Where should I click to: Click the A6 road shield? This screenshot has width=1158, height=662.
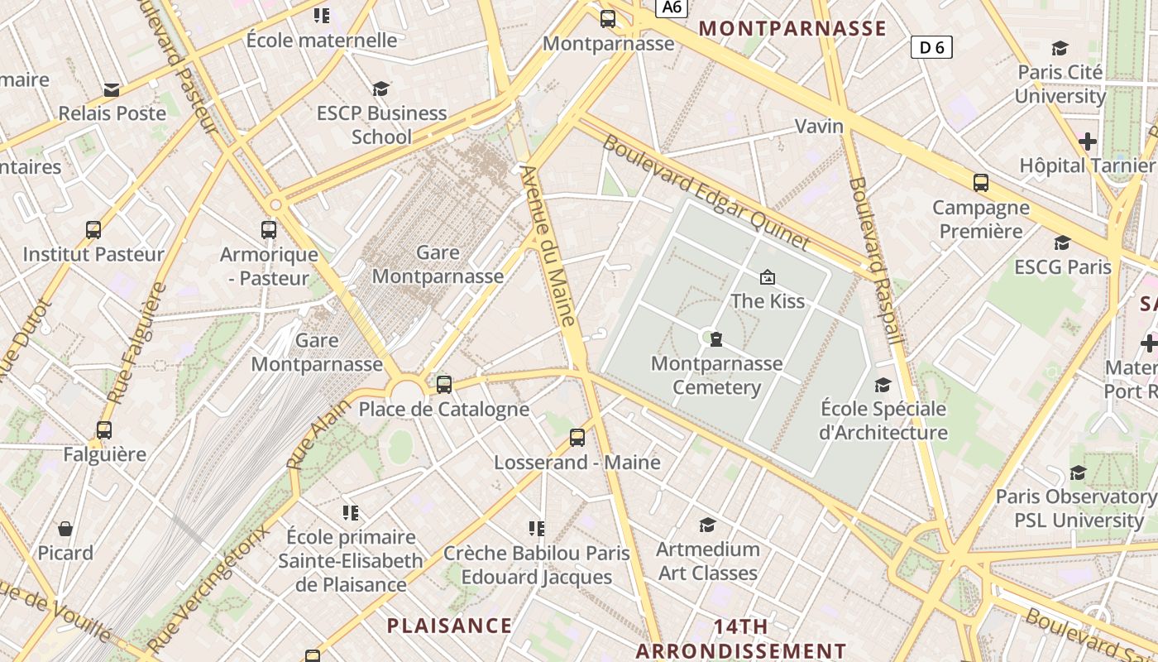672,7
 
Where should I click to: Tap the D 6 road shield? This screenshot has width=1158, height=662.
931,48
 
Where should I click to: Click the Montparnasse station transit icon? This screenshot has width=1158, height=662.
608,18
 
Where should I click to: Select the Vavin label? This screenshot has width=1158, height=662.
819,126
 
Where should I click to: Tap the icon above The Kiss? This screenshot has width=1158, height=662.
768,277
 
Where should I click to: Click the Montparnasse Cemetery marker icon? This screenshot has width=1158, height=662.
716,338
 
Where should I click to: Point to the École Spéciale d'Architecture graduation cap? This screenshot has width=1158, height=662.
883,385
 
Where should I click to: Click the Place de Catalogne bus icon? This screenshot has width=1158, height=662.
444,384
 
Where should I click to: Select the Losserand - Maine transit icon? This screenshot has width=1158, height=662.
577,438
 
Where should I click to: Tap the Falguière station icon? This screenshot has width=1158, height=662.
104,430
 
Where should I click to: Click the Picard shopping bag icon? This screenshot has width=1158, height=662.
65,529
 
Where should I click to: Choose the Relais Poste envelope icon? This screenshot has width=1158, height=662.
112,89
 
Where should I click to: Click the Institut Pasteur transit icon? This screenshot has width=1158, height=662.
93,230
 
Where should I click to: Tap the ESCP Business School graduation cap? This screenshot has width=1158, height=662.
380,89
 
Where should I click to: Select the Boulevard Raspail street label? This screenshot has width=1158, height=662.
876,261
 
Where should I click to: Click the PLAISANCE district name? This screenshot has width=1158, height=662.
449,626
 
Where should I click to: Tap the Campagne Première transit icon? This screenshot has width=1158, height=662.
981,183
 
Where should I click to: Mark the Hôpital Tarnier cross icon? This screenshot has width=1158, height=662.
1088,142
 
